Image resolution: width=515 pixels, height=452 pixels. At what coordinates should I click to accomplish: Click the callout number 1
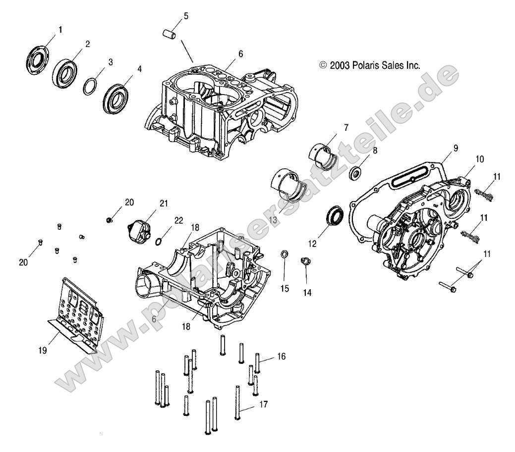[60, 30]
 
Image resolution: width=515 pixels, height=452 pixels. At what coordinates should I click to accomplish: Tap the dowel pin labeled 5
[170, 36]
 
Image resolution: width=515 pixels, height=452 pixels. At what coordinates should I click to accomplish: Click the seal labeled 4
[116, 97]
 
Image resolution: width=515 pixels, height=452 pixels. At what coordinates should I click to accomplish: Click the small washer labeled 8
[355, 174]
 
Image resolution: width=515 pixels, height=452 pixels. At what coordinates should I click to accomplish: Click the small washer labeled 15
[285, 254]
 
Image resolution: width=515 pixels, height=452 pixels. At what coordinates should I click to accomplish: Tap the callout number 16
[281, 356]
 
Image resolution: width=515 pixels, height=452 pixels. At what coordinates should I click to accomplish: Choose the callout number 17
[263, 404]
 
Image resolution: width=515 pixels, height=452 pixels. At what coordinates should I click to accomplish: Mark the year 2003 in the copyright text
[339, 65]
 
